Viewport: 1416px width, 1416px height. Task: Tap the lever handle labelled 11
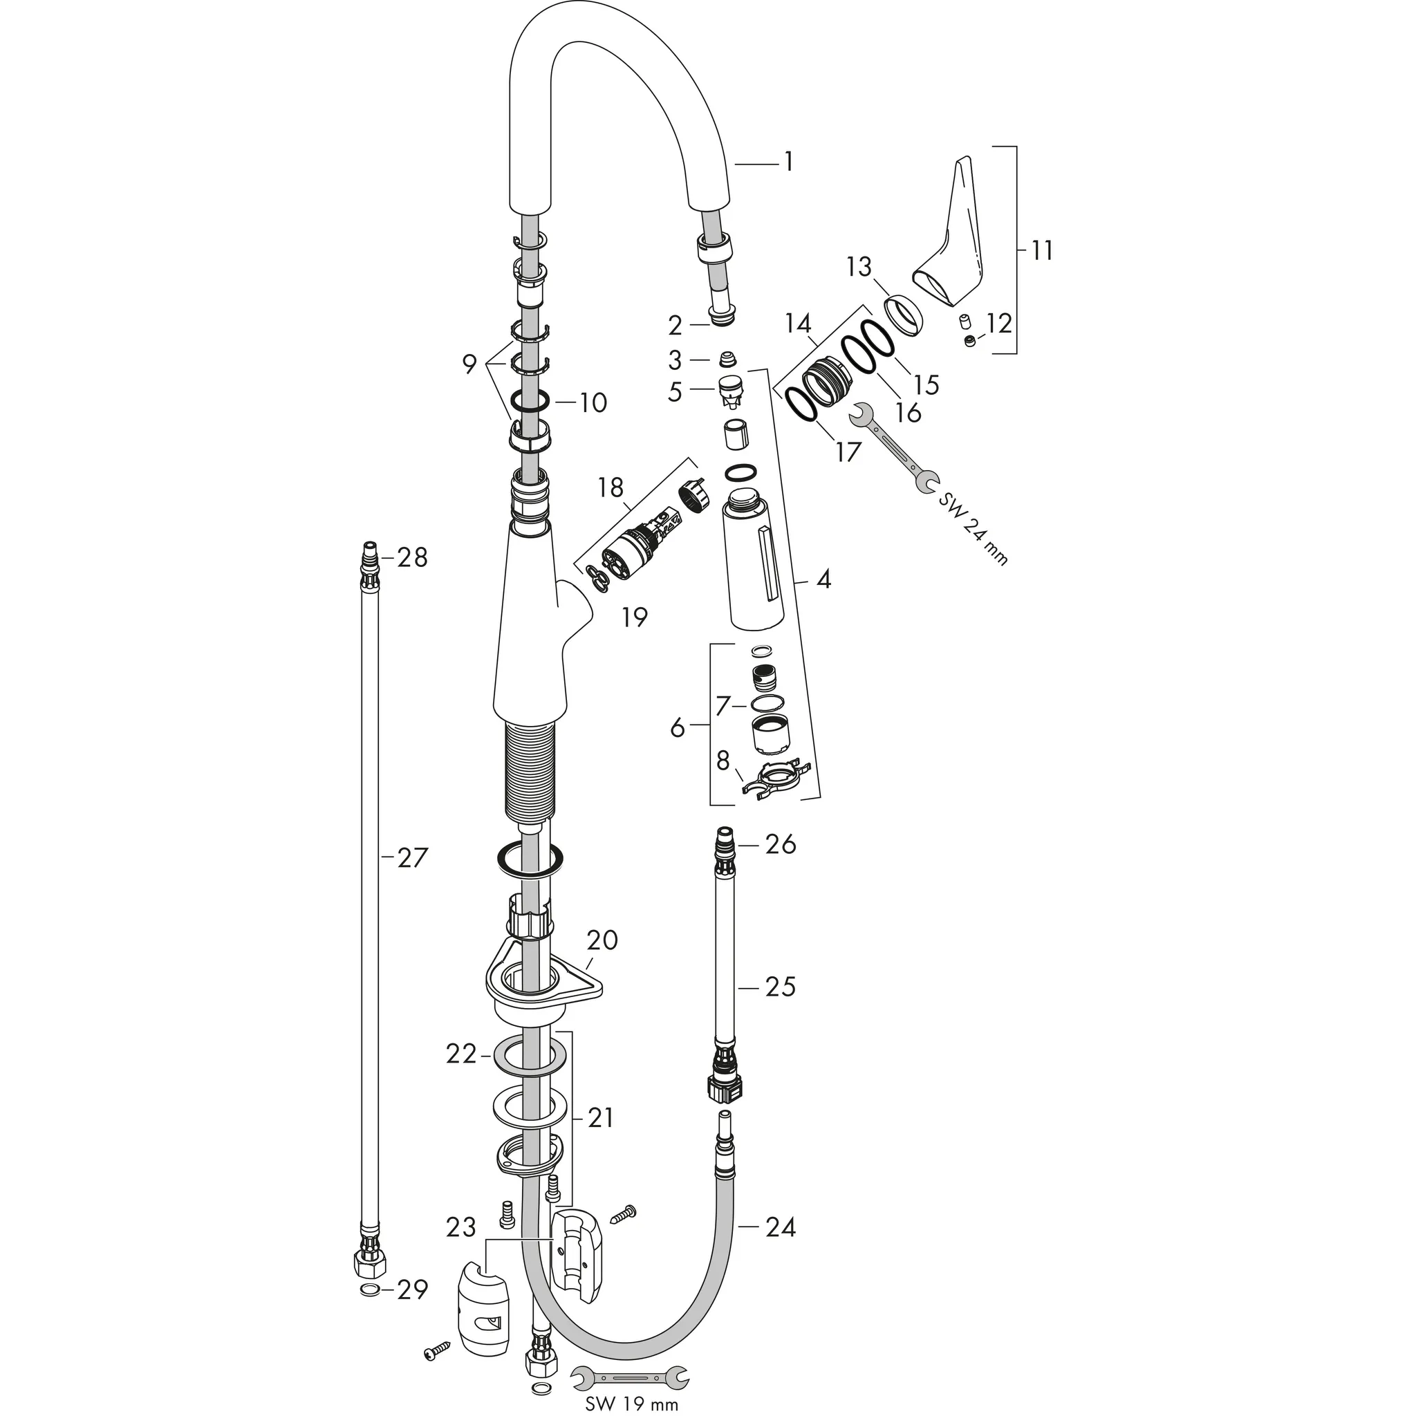tap(950, 242)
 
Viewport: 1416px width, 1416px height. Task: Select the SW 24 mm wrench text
tap(973, 528)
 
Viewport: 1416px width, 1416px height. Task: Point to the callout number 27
tap(412, 858)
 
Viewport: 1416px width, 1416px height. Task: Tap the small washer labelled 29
tap(371, 1310)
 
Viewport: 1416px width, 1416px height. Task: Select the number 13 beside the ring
tap(859, 268)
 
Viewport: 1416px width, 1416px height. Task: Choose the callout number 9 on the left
tap(469, 364)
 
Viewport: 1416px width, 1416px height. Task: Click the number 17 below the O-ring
tap(847, 452)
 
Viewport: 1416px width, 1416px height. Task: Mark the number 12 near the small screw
tap(999, 322)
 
